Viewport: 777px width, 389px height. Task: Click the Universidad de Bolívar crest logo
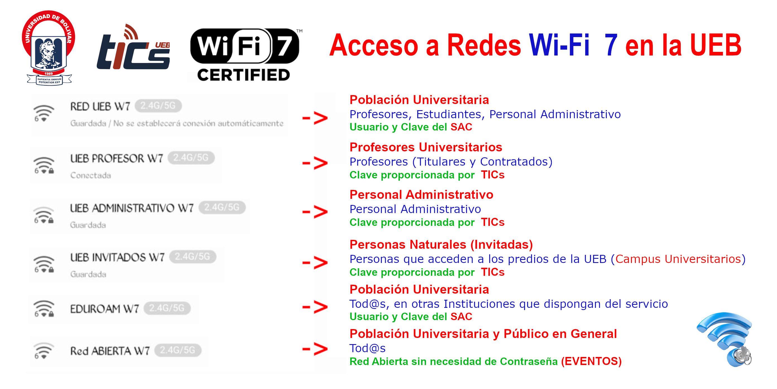pyautogui.click(x=48, y=48)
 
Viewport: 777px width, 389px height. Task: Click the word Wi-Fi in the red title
pyautogui.click(x=559, y=45)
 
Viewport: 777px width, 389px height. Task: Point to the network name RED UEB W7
pyautogui.click(x=100, y=106)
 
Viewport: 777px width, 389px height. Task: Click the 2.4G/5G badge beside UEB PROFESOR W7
pyautogui.click(x=191, y=158)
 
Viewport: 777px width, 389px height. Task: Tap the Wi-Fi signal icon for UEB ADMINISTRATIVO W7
pyautogui.click(x=44, y=215)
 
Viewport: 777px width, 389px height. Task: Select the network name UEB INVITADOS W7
pyautogui.click(x=117, y=257)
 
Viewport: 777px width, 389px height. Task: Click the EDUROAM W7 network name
pyautogui.click(x=104, y=308)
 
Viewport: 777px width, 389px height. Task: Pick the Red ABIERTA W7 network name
pyautogui.click(x=110, y=351)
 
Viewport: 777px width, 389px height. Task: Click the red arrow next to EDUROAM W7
pyautogui.click(x=315, y=307)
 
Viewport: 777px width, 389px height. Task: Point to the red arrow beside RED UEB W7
pyautogui.click(x=315, y=118)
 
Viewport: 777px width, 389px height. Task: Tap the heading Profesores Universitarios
pyautogui.click(x=426, y=147)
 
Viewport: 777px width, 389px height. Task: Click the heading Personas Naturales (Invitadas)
pyautogui.click(x=441, y=244)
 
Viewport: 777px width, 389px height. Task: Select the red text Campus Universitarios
pyautogui.click(x=678, y=259)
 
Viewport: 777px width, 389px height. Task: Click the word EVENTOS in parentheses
pyautogui.click(x=591, y=361)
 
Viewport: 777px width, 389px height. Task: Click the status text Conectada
pyautogui.click(x=90, y=175)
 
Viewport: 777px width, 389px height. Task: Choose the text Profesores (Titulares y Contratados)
pyautogui.click(x=451, y=162)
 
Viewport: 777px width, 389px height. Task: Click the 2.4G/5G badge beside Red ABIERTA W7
pyautogui.click(x=178, y=350)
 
